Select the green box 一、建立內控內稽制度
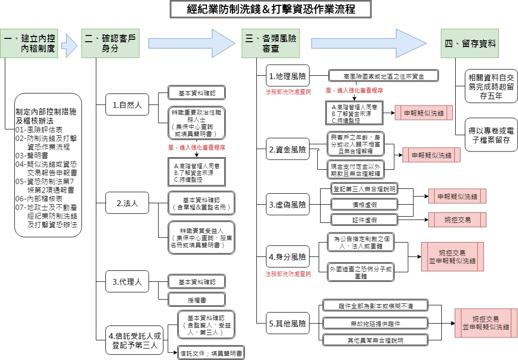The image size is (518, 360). click(x=32, y=43)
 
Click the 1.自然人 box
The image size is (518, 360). click(x=127, y=105)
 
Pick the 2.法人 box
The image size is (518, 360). click(x=127, y=203)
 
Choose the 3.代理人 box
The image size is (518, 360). click(x=127, y=282)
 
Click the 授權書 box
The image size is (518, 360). click(x=196, y=300)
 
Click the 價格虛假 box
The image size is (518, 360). click(x=364, y=204)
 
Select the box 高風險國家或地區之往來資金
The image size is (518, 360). click(x=383, y=76)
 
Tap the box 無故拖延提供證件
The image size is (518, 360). click(x=375, y=324)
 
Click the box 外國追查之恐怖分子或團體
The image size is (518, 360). click(x=360, y=272)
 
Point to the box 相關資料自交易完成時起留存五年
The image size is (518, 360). click(x=491, y=85)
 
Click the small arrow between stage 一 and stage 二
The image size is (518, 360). click(x=70, y=45)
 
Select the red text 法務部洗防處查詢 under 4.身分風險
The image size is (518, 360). click(x=288, y=274)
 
